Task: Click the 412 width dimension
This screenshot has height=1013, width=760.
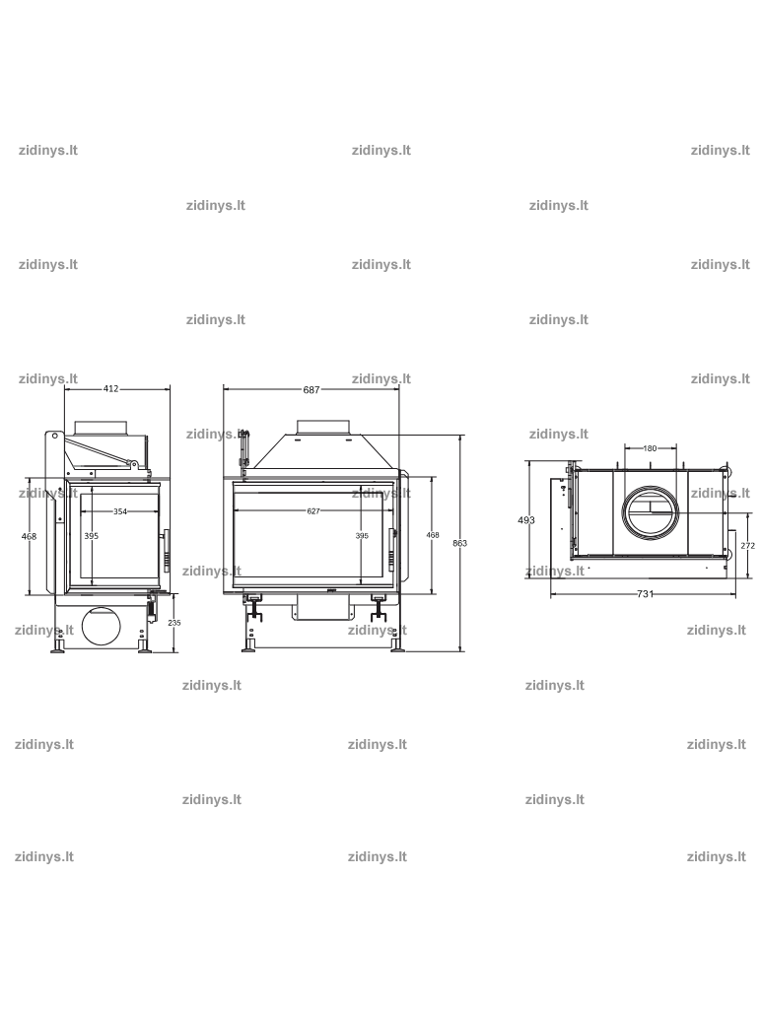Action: (x=111, y=389)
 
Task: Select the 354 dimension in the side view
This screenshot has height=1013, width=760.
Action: (x=120, y=511)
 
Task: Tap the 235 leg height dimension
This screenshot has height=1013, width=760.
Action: (x=173, y=623)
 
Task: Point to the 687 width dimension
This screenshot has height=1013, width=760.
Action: (x=311, y=390)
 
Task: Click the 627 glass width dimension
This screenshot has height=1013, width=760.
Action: (x=313, y=511)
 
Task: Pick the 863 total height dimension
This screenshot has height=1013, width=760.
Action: (x=459, y=543)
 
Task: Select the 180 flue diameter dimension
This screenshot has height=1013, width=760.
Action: (x=651, y=448)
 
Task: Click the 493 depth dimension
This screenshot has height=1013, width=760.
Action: (x=526, y=520)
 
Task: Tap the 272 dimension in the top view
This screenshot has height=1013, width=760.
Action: (x=748, y=546)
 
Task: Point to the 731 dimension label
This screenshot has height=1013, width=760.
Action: (x=646, y=594)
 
